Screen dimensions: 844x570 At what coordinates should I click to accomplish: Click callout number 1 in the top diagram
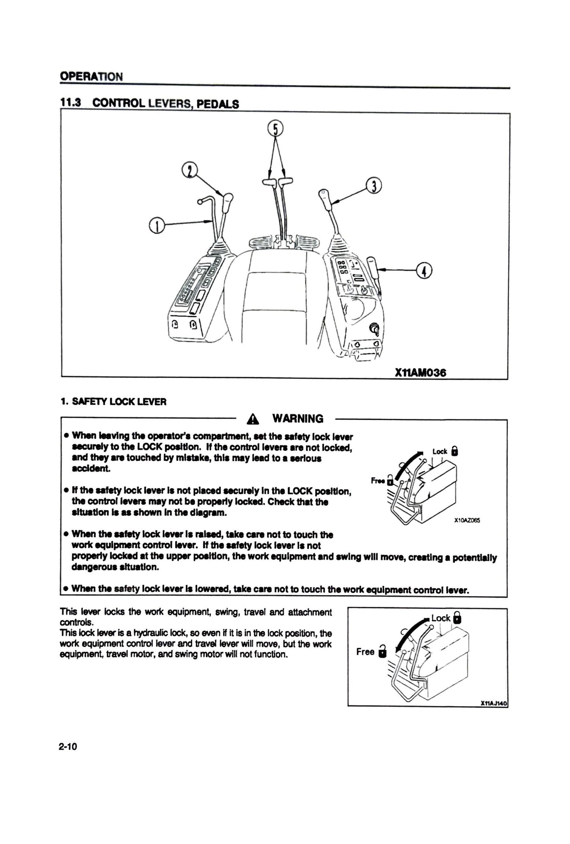pos(157,226)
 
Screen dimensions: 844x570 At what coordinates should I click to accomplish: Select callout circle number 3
pos(373,186)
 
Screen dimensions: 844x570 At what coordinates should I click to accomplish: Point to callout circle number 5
pos(276,128)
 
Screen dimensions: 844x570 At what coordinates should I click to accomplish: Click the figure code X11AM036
pos(420,373)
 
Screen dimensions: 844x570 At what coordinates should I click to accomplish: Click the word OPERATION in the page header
pos(91,76)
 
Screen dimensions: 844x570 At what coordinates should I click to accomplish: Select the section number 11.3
pos(70,103)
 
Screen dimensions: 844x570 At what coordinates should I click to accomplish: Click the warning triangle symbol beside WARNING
pos(252,419)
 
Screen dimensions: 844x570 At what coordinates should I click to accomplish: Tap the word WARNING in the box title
pos(297,418)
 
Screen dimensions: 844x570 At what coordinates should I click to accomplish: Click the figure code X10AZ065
pos(467,521)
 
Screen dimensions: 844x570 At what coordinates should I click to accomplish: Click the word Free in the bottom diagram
pos(365,652)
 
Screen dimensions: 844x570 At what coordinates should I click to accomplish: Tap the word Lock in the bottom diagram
pos(441,618)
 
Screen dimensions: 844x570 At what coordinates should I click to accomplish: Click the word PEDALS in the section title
pos(217,104)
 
